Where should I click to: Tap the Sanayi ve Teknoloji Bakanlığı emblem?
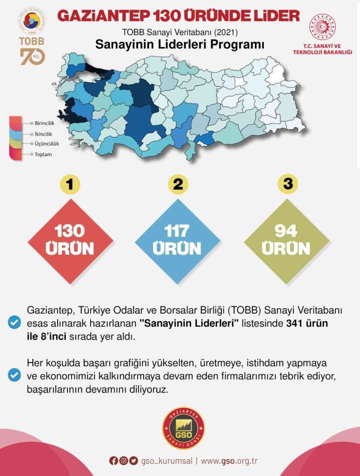click(x=323, y=27)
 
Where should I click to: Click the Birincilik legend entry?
click(x=45, y=124)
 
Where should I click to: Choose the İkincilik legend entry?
click(x=43, y=134)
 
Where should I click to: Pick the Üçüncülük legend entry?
click(x=47, y=144)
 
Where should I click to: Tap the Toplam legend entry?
click(x=43, y=154)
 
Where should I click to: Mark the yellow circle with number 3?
click(x=287, y=185)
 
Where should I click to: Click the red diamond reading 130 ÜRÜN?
click(x=71, y=240)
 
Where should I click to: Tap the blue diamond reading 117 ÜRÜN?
click(x=177, y=240)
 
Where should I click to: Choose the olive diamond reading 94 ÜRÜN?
click(x=286, y=240)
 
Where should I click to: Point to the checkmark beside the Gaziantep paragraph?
click(x=15, y=323)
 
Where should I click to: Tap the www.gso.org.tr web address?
click(x=229, y=461)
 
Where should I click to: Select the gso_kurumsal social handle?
click(x=166, y=461)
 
